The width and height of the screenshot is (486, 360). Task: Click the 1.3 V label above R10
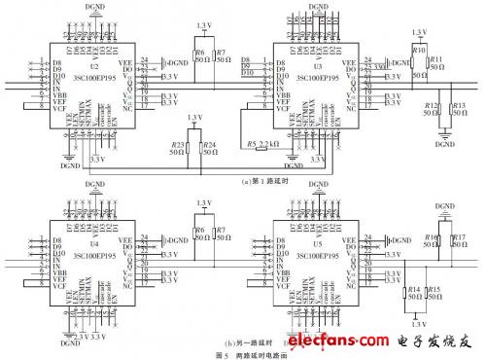click(420, 33)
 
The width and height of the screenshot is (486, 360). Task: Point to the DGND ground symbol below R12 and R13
click(444, 131)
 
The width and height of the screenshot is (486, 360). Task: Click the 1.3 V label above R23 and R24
click(194, 118)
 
